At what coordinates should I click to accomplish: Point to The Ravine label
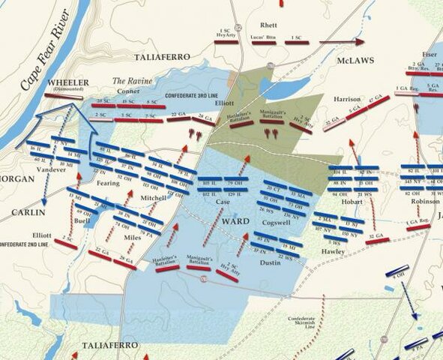[132, 81]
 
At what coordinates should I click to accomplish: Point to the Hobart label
[351, 202]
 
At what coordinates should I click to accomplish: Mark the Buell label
[82, 223]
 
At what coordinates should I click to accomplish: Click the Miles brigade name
[132, 238]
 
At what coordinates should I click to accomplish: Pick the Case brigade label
[223, 202]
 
